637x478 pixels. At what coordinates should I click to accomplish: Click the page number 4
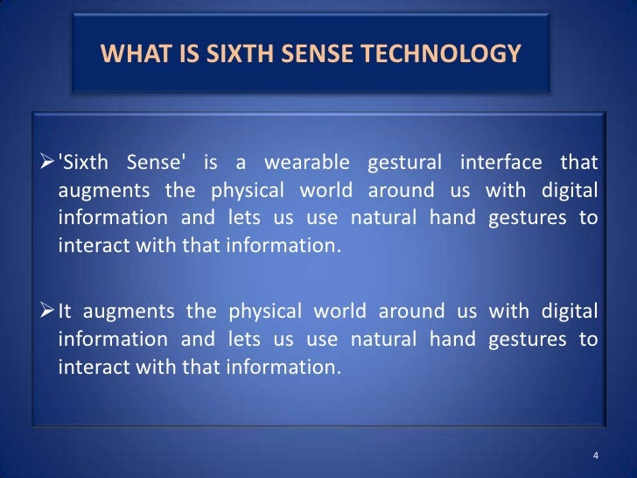click(x=595, y=456)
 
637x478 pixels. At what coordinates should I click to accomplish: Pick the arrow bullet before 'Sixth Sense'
click(x=48, y=163)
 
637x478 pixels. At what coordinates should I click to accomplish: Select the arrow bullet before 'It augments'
click(x=48, y=313)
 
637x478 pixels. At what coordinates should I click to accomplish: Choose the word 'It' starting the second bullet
click(x=67, y=313)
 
